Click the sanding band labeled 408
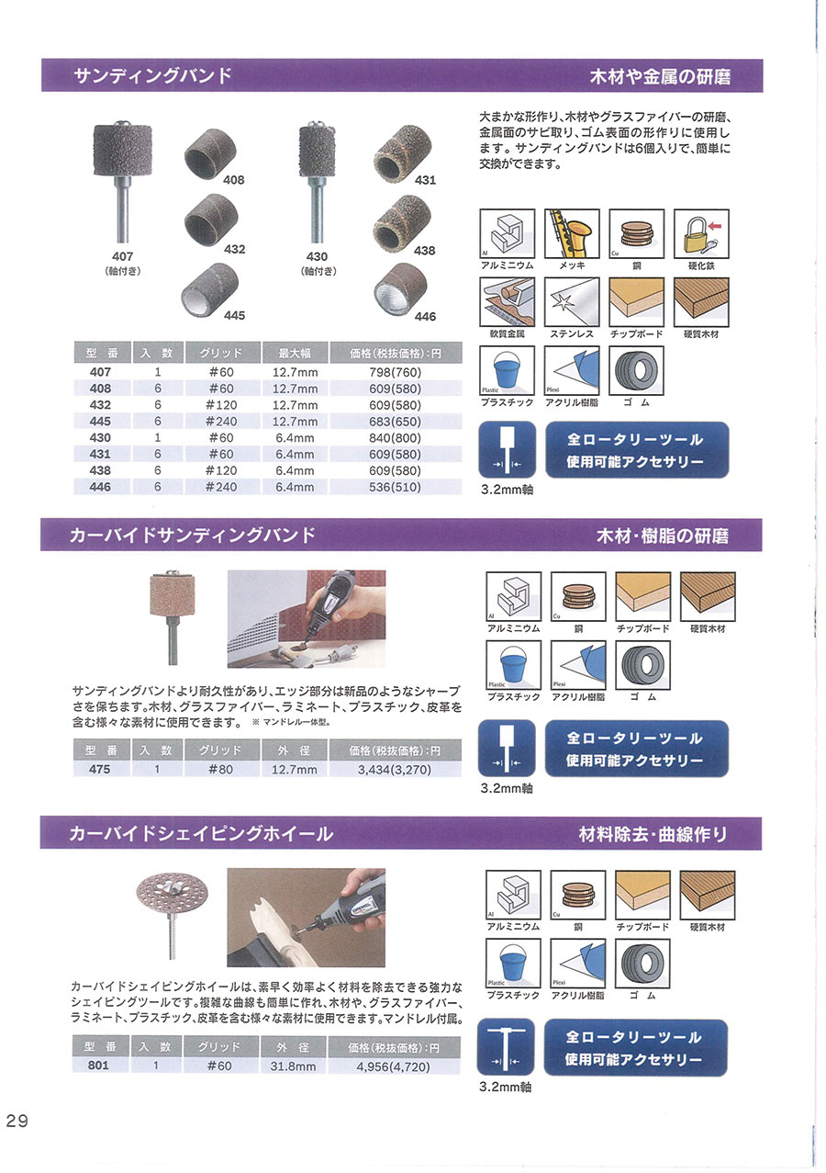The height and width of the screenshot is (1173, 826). click(x=211, y=154)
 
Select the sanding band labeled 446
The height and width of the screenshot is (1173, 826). click(x=401, y=288)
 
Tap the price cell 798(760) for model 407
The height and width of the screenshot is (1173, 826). click(x=395, y=372)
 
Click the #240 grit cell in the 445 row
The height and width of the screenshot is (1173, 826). click(x=221, y=422)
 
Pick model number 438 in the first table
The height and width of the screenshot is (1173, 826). click(x=100, y=470)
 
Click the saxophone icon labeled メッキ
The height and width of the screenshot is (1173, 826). click(x=572, y=233)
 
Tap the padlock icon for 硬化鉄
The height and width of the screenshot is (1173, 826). click(x=701, y=233)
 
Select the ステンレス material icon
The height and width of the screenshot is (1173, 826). click(x=572, y=302)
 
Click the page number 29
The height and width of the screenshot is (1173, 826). click(x=17, y=1121)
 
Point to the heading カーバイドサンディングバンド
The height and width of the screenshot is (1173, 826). click(x=193, y=536)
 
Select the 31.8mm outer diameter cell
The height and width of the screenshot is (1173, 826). click(x=293, y=1066)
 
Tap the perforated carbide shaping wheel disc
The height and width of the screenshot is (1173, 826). click(x=173, y=895)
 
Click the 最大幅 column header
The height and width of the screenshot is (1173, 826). click(x=295, y=354)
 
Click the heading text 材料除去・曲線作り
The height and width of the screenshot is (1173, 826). click(x=653, y=835)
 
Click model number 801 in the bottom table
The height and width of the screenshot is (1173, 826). click(x=98, y=1066)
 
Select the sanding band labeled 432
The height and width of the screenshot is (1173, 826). click(x=211, y=222)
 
